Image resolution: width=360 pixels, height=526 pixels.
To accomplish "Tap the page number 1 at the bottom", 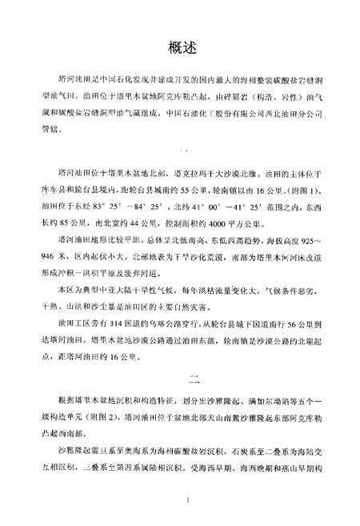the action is (186, 500).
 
